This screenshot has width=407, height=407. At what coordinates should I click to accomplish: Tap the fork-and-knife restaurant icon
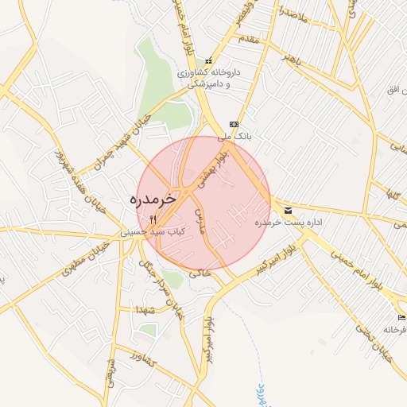tap(153, 219)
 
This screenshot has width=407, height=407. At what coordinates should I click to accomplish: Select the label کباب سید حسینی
tap(153, 232)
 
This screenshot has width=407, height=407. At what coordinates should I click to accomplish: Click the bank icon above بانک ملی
tap(234, 124)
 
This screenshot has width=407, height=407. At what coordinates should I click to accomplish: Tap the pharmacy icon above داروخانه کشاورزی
tap(209, 61)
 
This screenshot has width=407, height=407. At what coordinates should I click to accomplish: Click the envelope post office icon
tap(287, 211)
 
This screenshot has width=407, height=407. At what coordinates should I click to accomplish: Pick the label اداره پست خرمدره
tap(285, 223)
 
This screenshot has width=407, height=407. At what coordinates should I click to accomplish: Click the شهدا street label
tap(145, 308)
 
